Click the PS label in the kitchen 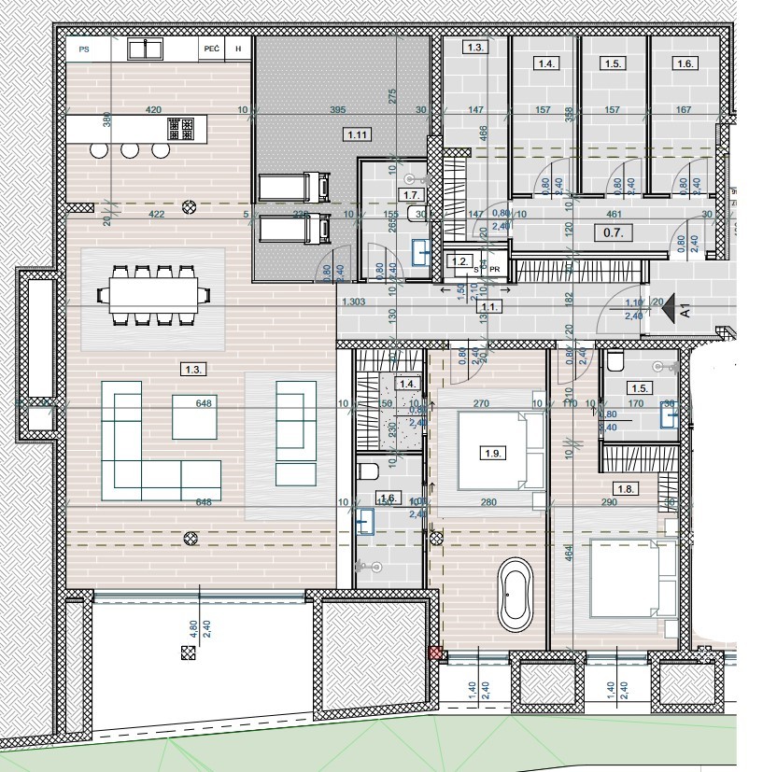point(84,48)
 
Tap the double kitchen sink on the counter point(144,48)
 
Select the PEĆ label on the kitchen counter point(210,48)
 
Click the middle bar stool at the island point(130,150)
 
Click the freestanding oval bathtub point(514,593)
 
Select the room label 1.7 point(411,194)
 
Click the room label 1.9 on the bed point(493,454)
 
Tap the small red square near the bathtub point(434,654)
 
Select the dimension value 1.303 point(354,302)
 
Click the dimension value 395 point(338,110)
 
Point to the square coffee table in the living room point(194,416)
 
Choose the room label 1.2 point(459,262)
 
